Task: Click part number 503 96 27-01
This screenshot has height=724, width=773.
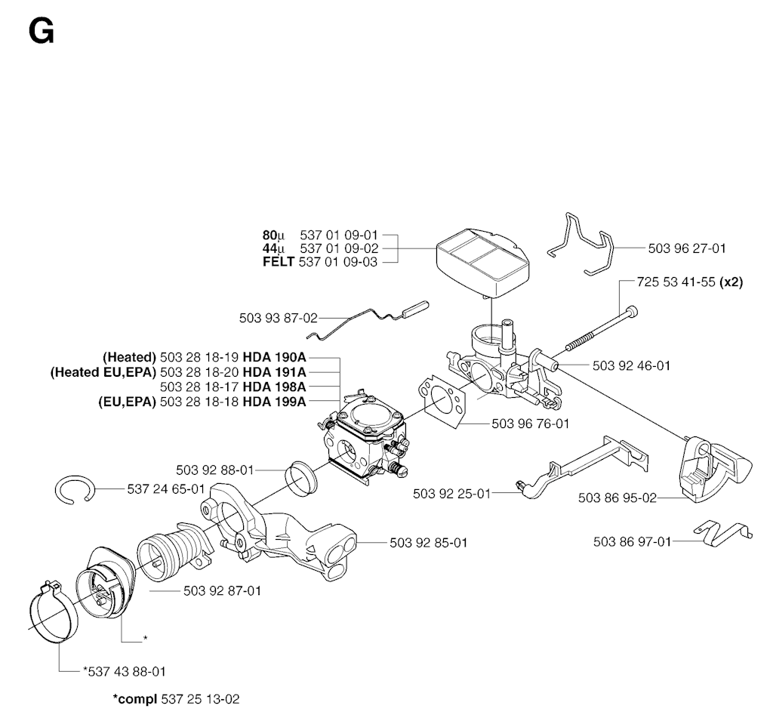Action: coord(687,248)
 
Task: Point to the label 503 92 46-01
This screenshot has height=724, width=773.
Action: coord(631,366)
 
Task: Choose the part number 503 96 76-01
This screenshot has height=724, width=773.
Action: coord(530,424)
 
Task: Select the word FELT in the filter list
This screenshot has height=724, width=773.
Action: coord(278,261)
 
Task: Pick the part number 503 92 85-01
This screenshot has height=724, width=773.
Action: coord(429,542)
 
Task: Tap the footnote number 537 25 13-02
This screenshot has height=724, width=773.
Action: coord(199,699)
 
